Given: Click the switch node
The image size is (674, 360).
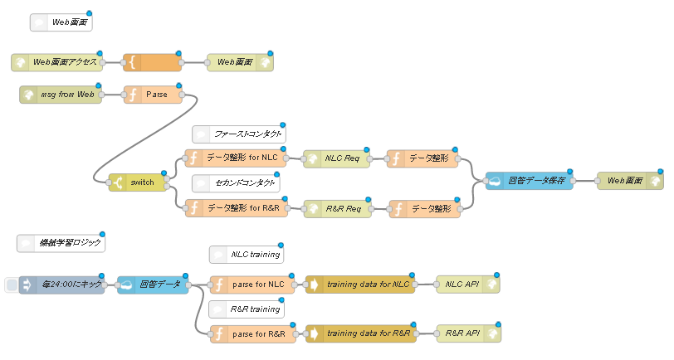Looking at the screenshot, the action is click(x=138, y=182).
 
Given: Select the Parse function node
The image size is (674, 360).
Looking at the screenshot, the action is click(x=153, y=95).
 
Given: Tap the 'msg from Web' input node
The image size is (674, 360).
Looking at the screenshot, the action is click(x=61, y=95).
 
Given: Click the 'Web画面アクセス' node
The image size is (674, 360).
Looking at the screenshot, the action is click(x=57, y=62).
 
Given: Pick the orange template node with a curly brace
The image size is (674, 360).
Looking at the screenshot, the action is click(x=152, y=62).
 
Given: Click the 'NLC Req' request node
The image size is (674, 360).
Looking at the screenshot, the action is click(x=336, y=158).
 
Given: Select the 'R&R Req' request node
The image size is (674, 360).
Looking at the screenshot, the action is click(x=338, y=209).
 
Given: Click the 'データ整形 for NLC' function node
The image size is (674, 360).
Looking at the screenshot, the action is click(x=236, y=158).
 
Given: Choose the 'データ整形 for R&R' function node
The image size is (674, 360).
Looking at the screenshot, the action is click(x=237, y=208).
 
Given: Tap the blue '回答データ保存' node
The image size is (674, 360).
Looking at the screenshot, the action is click(x=529, y=181).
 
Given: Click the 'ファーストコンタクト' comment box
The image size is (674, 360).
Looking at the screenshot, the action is click(x=239, y=134).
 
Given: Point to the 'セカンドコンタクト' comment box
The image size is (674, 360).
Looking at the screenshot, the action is click(x=236, y=183).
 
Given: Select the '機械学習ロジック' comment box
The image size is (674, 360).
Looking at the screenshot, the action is click(x=61, y=243).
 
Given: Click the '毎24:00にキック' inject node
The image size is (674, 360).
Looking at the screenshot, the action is click(x=62, y=285).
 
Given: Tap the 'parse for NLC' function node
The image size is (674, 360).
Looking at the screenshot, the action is click(x=252, y=285).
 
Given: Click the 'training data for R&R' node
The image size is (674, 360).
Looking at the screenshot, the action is click(x=361, y=333).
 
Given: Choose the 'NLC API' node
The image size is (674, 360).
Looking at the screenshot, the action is click(x=468, y=285).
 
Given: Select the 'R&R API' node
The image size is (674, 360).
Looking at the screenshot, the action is click(x=468, y=333).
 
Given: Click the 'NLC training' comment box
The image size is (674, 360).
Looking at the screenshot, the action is click(x=247, y=255).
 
